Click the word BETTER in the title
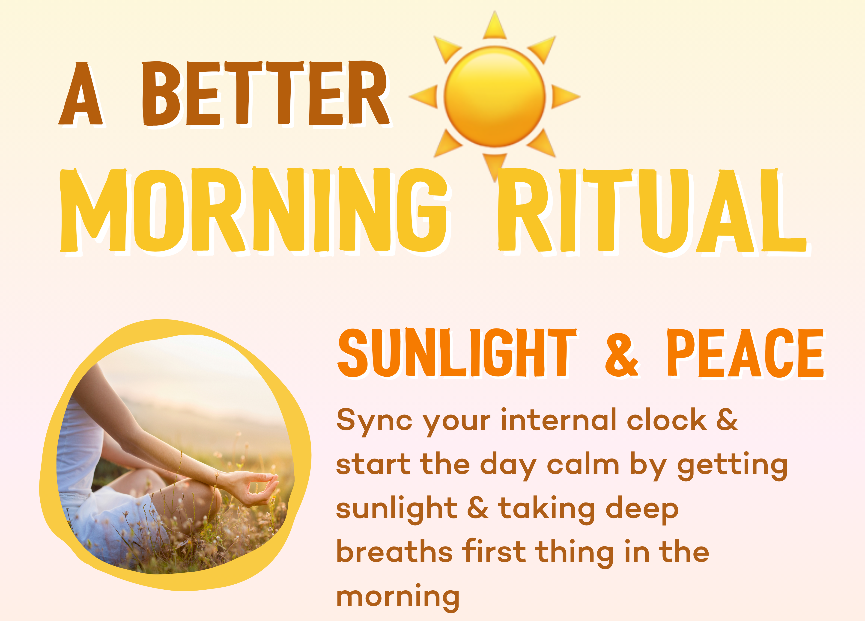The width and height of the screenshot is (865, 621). pos(265,93)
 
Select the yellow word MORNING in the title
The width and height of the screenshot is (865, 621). pos(254,210)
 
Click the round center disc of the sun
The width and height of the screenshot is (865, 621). pos(495,96)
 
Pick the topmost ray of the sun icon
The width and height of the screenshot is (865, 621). pos(495,25)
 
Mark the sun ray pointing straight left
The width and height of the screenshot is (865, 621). pos(423,96)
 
